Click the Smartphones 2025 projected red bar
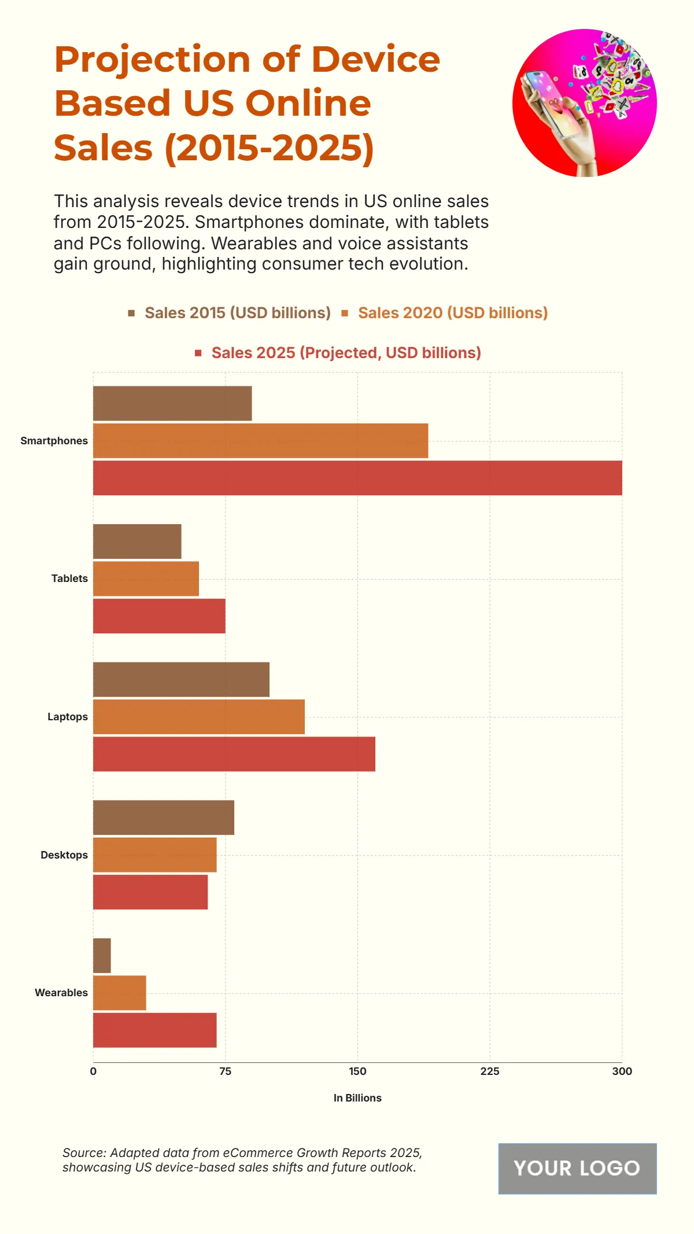357,478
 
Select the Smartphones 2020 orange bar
260,441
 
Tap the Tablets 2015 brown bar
137,542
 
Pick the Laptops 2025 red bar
234,754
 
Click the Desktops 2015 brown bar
164,817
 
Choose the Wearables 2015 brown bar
102,956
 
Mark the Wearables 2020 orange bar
120,993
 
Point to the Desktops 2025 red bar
150,892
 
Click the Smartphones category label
54,441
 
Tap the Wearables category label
61,993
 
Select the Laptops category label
68,717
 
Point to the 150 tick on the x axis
357,1071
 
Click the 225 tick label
490,1071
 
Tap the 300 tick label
622,1071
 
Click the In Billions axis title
357,1098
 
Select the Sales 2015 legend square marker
132,313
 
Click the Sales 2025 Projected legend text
346,353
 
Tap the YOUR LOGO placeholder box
577,1169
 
